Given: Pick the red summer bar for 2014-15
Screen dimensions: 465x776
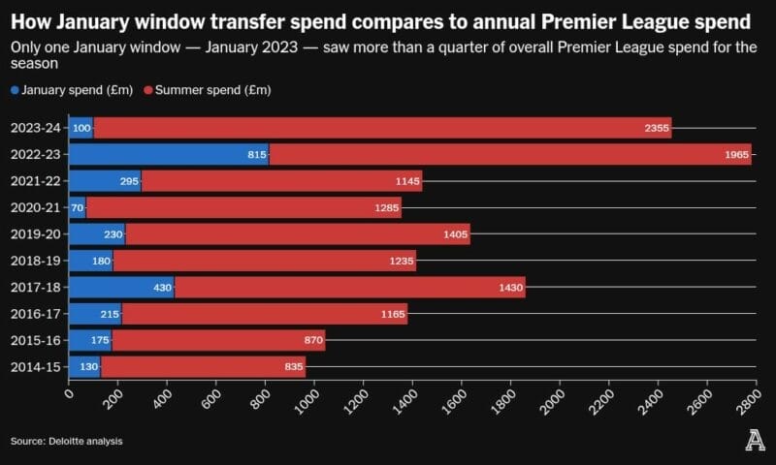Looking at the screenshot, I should click(x=204, y=366).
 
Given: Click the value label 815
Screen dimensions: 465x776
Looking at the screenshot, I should click(x=257, y=155).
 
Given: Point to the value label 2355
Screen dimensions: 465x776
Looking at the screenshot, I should click(x=656, y=128).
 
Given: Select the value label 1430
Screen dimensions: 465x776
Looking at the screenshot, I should click(x=510, y=287).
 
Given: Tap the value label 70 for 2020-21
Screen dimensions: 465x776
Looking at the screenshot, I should click(x=77, y=207).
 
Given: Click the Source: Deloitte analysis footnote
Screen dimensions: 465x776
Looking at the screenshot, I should click(x=67, y=442).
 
